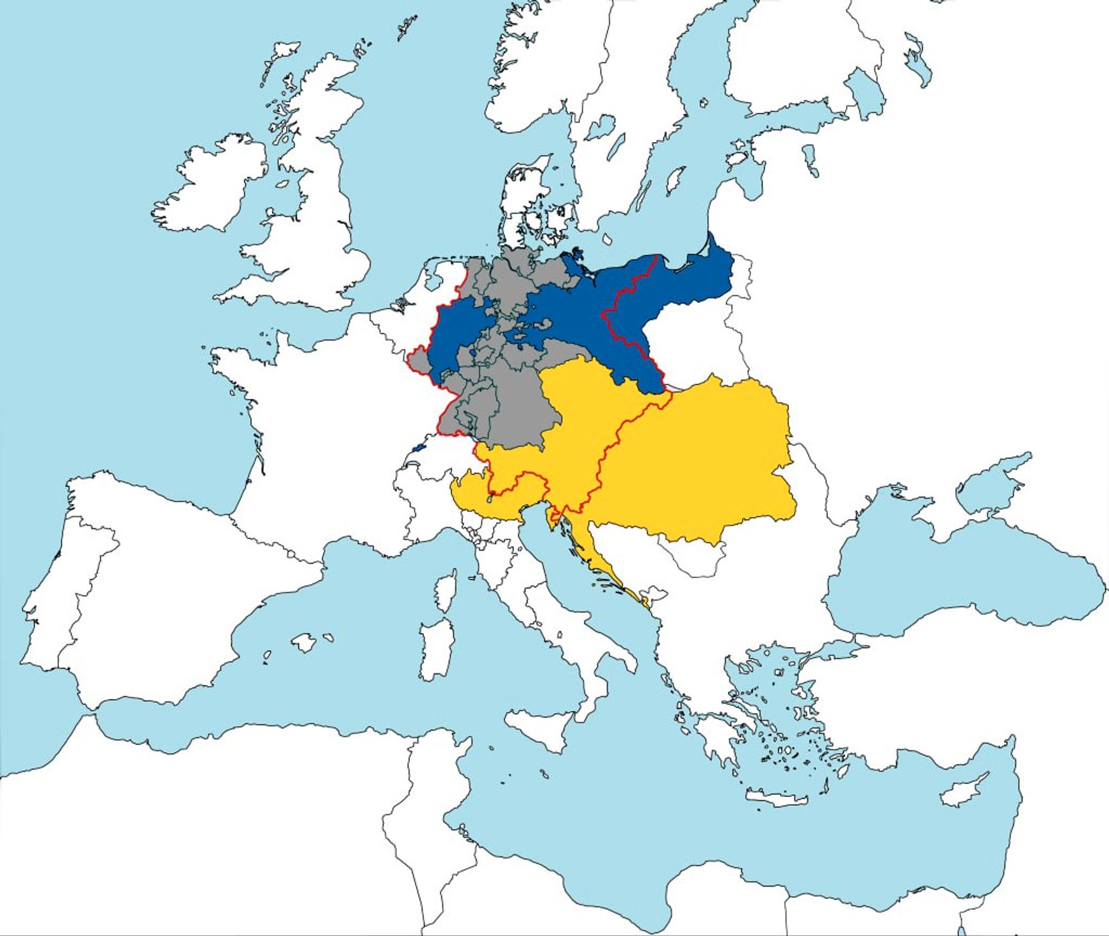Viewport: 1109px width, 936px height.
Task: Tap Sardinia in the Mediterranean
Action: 435,647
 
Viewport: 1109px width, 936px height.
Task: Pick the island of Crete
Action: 775,798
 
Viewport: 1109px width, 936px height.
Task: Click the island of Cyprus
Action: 964,791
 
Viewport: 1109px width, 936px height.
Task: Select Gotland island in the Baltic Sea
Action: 674,181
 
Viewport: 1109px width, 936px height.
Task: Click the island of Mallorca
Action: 305,643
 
